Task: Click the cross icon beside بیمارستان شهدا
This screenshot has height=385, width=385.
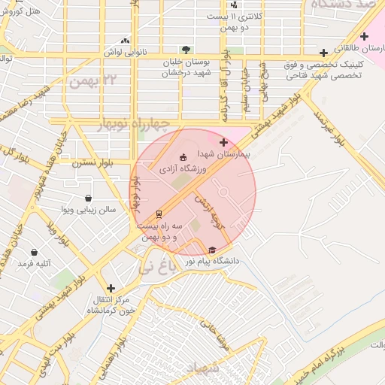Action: (223, 142)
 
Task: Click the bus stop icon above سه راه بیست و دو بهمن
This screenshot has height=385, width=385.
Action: (159, 214)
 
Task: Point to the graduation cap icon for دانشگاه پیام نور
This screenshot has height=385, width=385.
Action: (211, 250)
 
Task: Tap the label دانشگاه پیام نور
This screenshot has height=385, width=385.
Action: (217, 261)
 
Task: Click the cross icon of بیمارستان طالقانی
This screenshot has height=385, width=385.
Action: (364, 36)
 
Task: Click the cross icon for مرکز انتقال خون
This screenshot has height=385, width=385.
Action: (111, 287)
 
